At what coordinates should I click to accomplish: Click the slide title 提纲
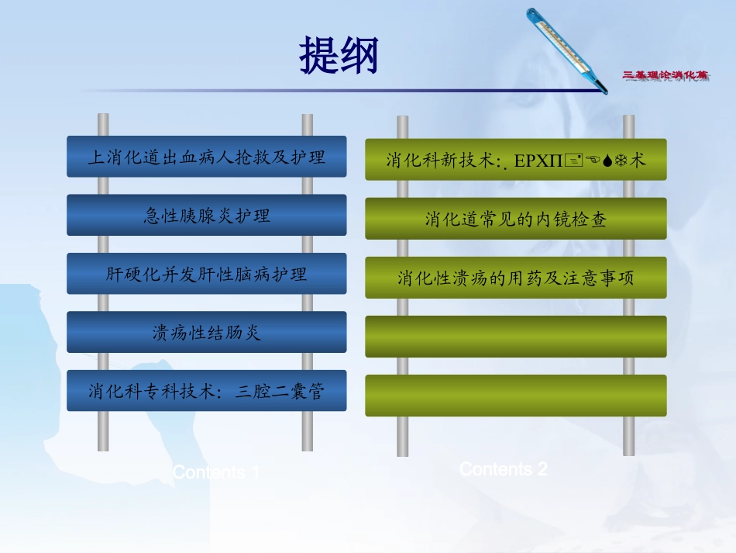coord(339,57)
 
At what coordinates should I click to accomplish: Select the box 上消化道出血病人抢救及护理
coord(206,157)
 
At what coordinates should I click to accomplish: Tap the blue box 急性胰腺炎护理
coord(206,215)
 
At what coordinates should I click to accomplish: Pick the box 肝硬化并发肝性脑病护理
coord(206,274)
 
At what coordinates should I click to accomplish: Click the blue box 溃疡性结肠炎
coord(206,333)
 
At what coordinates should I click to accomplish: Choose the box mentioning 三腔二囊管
coord(206,392)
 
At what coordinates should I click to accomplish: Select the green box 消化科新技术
coord(515,160)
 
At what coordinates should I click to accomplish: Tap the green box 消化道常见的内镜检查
coord(515,219)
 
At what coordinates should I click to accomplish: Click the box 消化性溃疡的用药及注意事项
coord(515,278)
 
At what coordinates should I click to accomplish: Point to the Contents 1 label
coord(216,472)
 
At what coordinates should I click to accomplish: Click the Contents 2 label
coord(504,468)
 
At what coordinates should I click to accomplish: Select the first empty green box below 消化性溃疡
coord(515,337)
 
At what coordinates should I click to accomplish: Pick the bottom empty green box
coord(515,396)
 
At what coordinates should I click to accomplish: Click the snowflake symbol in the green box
coord(624,161)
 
